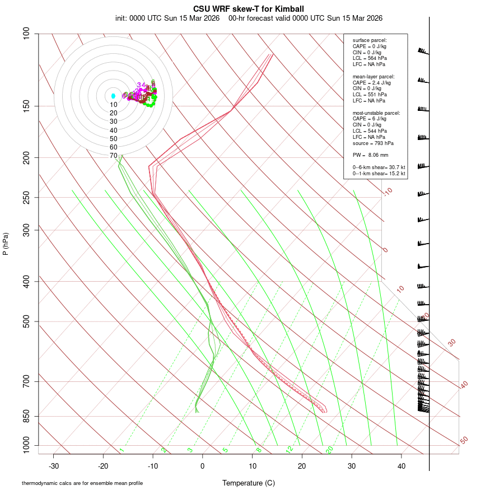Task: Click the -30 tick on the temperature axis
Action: click(x=54, y=466)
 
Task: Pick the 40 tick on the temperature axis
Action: click(x=401, y=466)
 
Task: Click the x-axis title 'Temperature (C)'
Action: click(x=249, y=483)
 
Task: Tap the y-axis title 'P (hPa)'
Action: click(x=6, y=244)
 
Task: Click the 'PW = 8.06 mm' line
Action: click(x=370, y=155)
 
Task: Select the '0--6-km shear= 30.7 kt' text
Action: click(x=379, y=167)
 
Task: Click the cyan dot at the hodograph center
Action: click(x=113, y=96)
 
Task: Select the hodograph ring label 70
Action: click(x=114, y=156)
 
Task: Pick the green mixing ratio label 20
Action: click(x=330, y=450)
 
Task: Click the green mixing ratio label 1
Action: click(x=122, y=450)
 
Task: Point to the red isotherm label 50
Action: click(x=464, y=441)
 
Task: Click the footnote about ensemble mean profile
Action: click(x=82, y=483)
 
